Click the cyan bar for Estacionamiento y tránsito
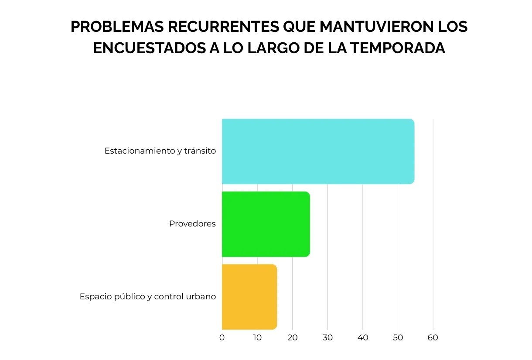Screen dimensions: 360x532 [x=317, y=151]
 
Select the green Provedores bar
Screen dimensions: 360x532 [x=266, y=224]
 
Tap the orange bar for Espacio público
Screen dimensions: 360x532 [x=249, y=297]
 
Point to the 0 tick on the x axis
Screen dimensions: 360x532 [x=222, y=338]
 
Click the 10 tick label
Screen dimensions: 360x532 [x=257, y=338]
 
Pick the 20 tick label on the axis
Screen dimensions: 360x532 [x=293, y=338]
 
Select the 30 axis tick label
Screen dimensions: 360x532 [x=327, y=338]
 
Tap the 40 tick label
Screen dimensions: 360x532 [x=363, y=338]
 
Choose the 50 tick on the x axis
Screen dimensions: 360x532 [x=398, y=338]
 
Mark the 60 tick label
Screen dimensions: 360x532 [x=433, y=338]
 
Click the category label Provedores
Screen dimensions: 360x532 [x=192, y=224]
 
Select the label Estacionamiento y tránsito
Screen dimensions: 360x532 [x=160, y=151]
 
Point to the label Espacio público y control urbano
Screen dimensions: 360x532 [x=148, y=297]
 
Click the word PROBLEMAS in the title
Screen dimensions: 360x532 [x=116, y=27]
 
